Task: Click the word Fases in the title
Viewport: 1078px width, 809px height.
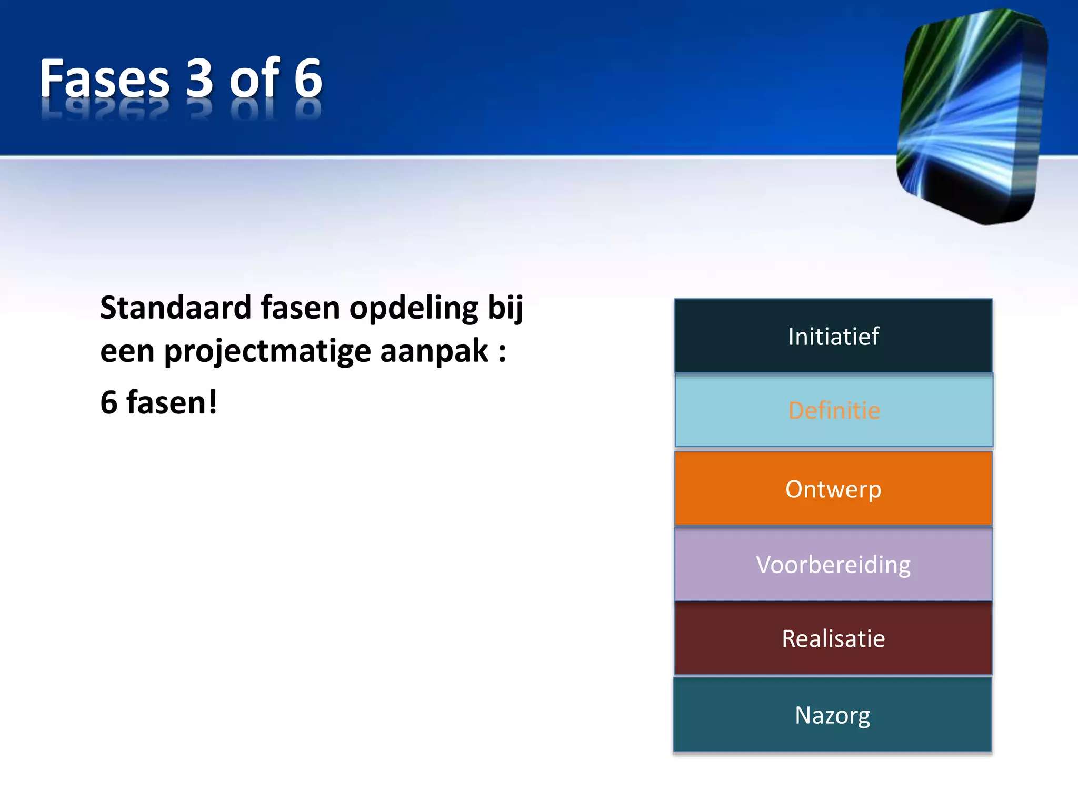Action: [x=104, y=79]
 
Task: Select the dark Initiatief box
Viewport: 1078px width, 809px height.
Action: [x=833, y=336]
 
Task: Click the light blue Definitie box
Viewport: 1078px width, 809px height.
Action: [x=834, y=410]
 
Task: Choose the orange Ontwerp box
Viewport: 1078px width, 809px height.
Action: [x=833, y=489]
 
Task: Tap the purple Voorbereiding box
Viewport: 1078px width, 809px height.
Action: [x=833, y=564]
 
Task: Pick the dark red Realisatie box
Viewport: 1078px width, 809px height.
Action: [x=833, y=638]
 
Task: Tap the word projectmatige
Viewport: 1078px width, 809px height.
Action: [x=267, y=352]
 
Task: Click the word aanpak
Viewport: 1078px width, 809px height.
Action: [x=434, y=352]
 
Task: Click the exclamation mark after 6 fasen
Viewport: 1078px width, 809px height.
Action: [x=212, y=402]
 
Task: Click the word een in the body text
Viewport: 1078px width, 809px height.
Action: [x=127, y=352]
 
